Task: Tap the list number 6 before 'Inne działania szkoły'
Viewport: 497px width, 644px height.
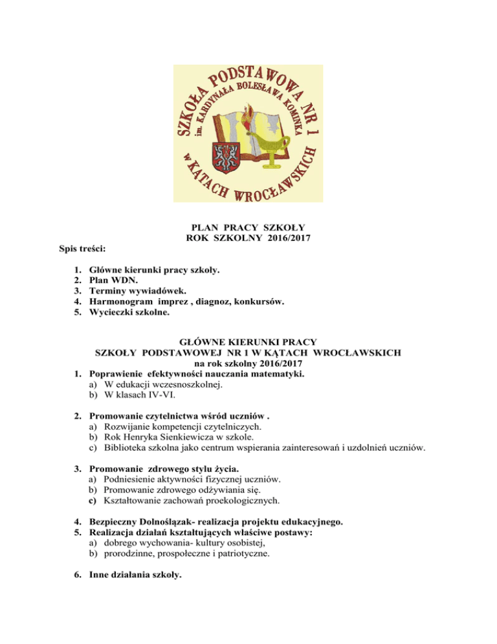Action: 78,583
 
